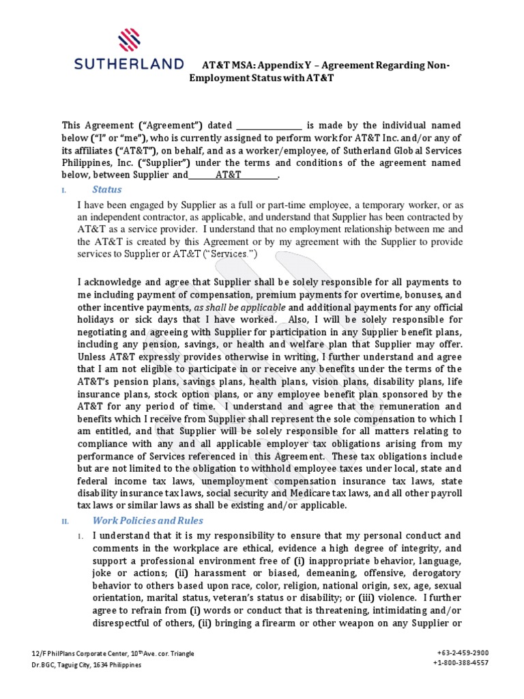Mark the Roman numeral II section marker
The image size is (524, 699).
tap(65, 522)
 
